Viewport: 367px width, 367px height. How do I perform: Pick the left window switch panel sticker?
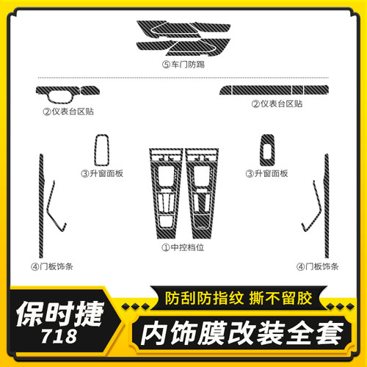(100, 150)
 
